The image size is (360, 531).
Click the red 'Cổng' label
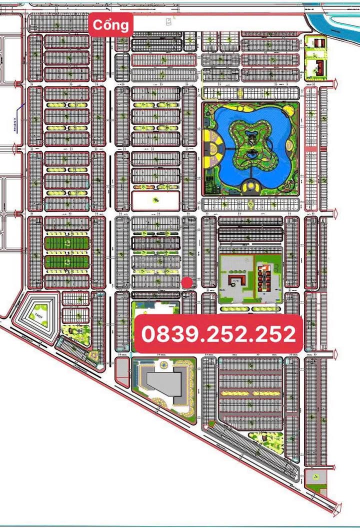[111, 24]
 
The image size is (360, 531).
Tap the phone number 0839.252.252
[218, 333]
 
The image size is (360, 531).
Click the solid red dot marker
[187, 283]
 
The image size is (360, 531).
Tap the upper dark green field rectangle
[66, 243]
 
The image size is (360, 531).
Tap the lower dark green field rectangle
[66, 262]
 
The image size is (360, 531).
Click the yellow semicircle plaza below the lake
[249, 187]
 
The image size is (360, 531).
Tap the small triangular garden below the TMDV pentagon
[93, 355]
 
